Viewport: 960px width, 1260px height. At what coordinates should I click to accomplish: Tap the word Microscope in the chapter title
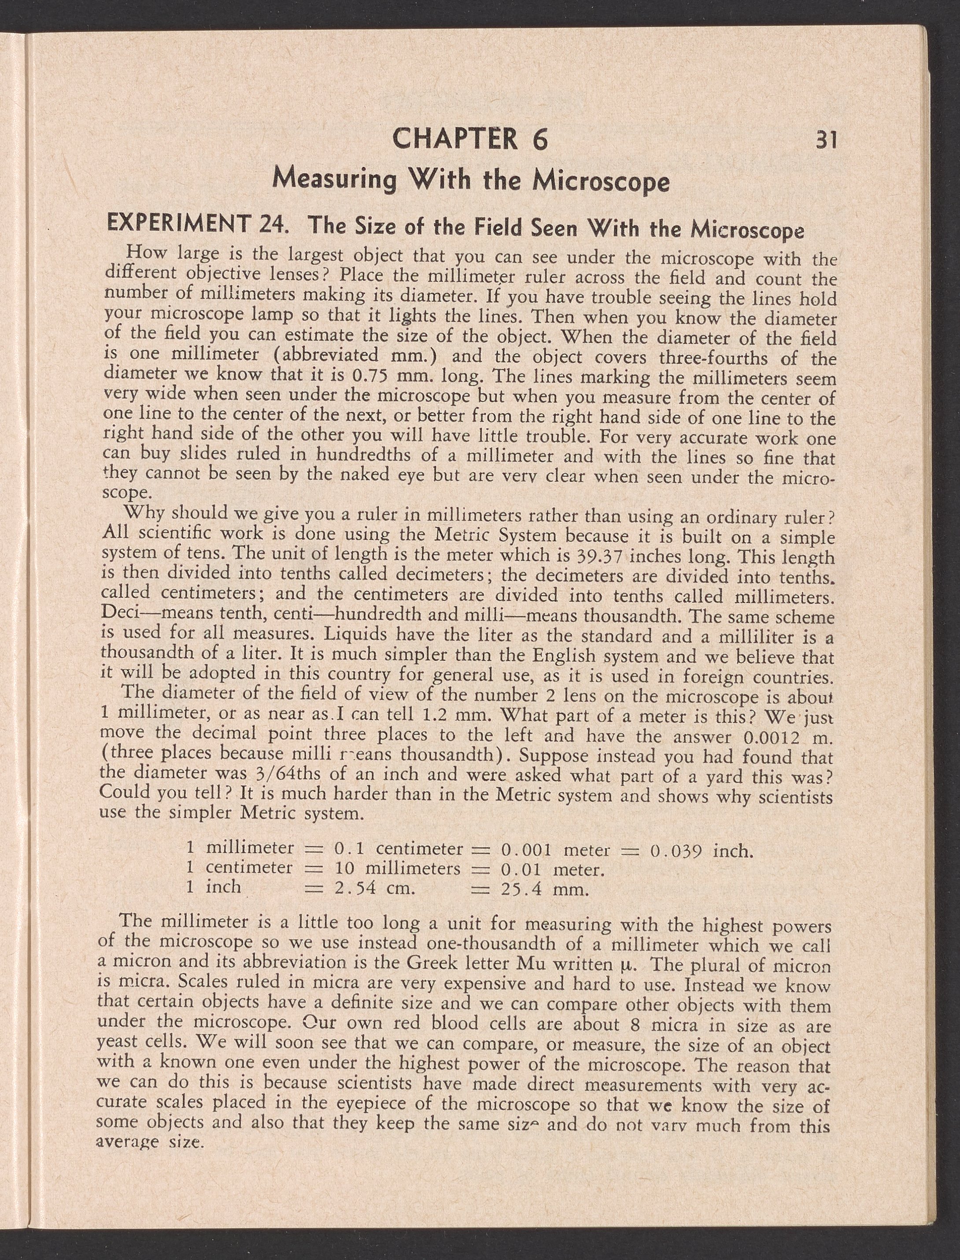pyautogui.click(x=601, y=182)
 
